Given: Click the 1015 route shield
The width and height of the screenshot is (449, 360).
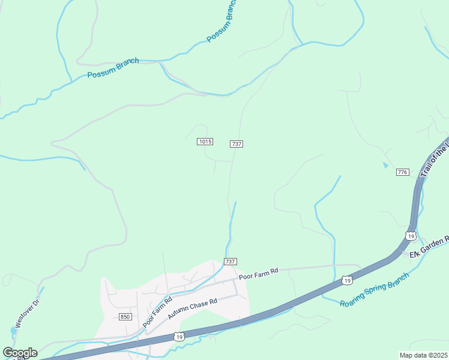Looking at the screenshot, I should [205, 142].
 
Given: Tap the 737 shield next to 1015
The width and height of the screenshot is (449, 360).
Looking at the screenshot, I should [237, 144].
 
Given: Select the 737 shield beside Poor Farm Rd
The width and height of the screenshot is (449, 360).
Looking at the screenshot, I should [231, 262].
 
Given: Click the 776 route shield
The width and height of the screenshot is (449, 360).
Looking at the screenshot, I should [402, 172].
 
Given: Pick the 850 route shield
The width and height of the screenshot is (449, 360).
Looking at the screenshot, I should [125, 317].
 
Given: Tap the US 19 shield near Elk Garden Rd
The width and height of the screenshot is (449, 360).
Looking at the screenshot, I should [410, 236].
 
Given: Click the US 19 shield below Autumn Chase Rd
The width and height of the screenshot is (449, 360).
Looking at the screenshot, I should [179, 337].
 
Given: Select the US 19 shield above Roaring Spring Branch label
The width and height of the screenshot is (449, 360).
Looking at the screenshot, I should [346, 280].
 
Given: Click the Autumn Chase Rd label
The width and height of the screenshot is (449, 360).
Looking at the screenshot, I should [191, 309].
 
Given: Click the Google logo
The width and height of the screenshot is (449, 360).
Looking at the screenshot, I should [20, 353].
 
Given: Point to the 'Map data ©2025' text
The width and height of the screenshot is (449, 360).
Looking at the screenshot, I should [423, 355].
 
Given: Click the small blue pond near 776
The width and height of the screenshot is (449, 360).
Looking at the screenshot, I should [385, 164].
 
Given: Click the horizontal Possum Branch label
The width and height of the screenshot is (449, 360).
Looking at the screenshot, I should [113, 68].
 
